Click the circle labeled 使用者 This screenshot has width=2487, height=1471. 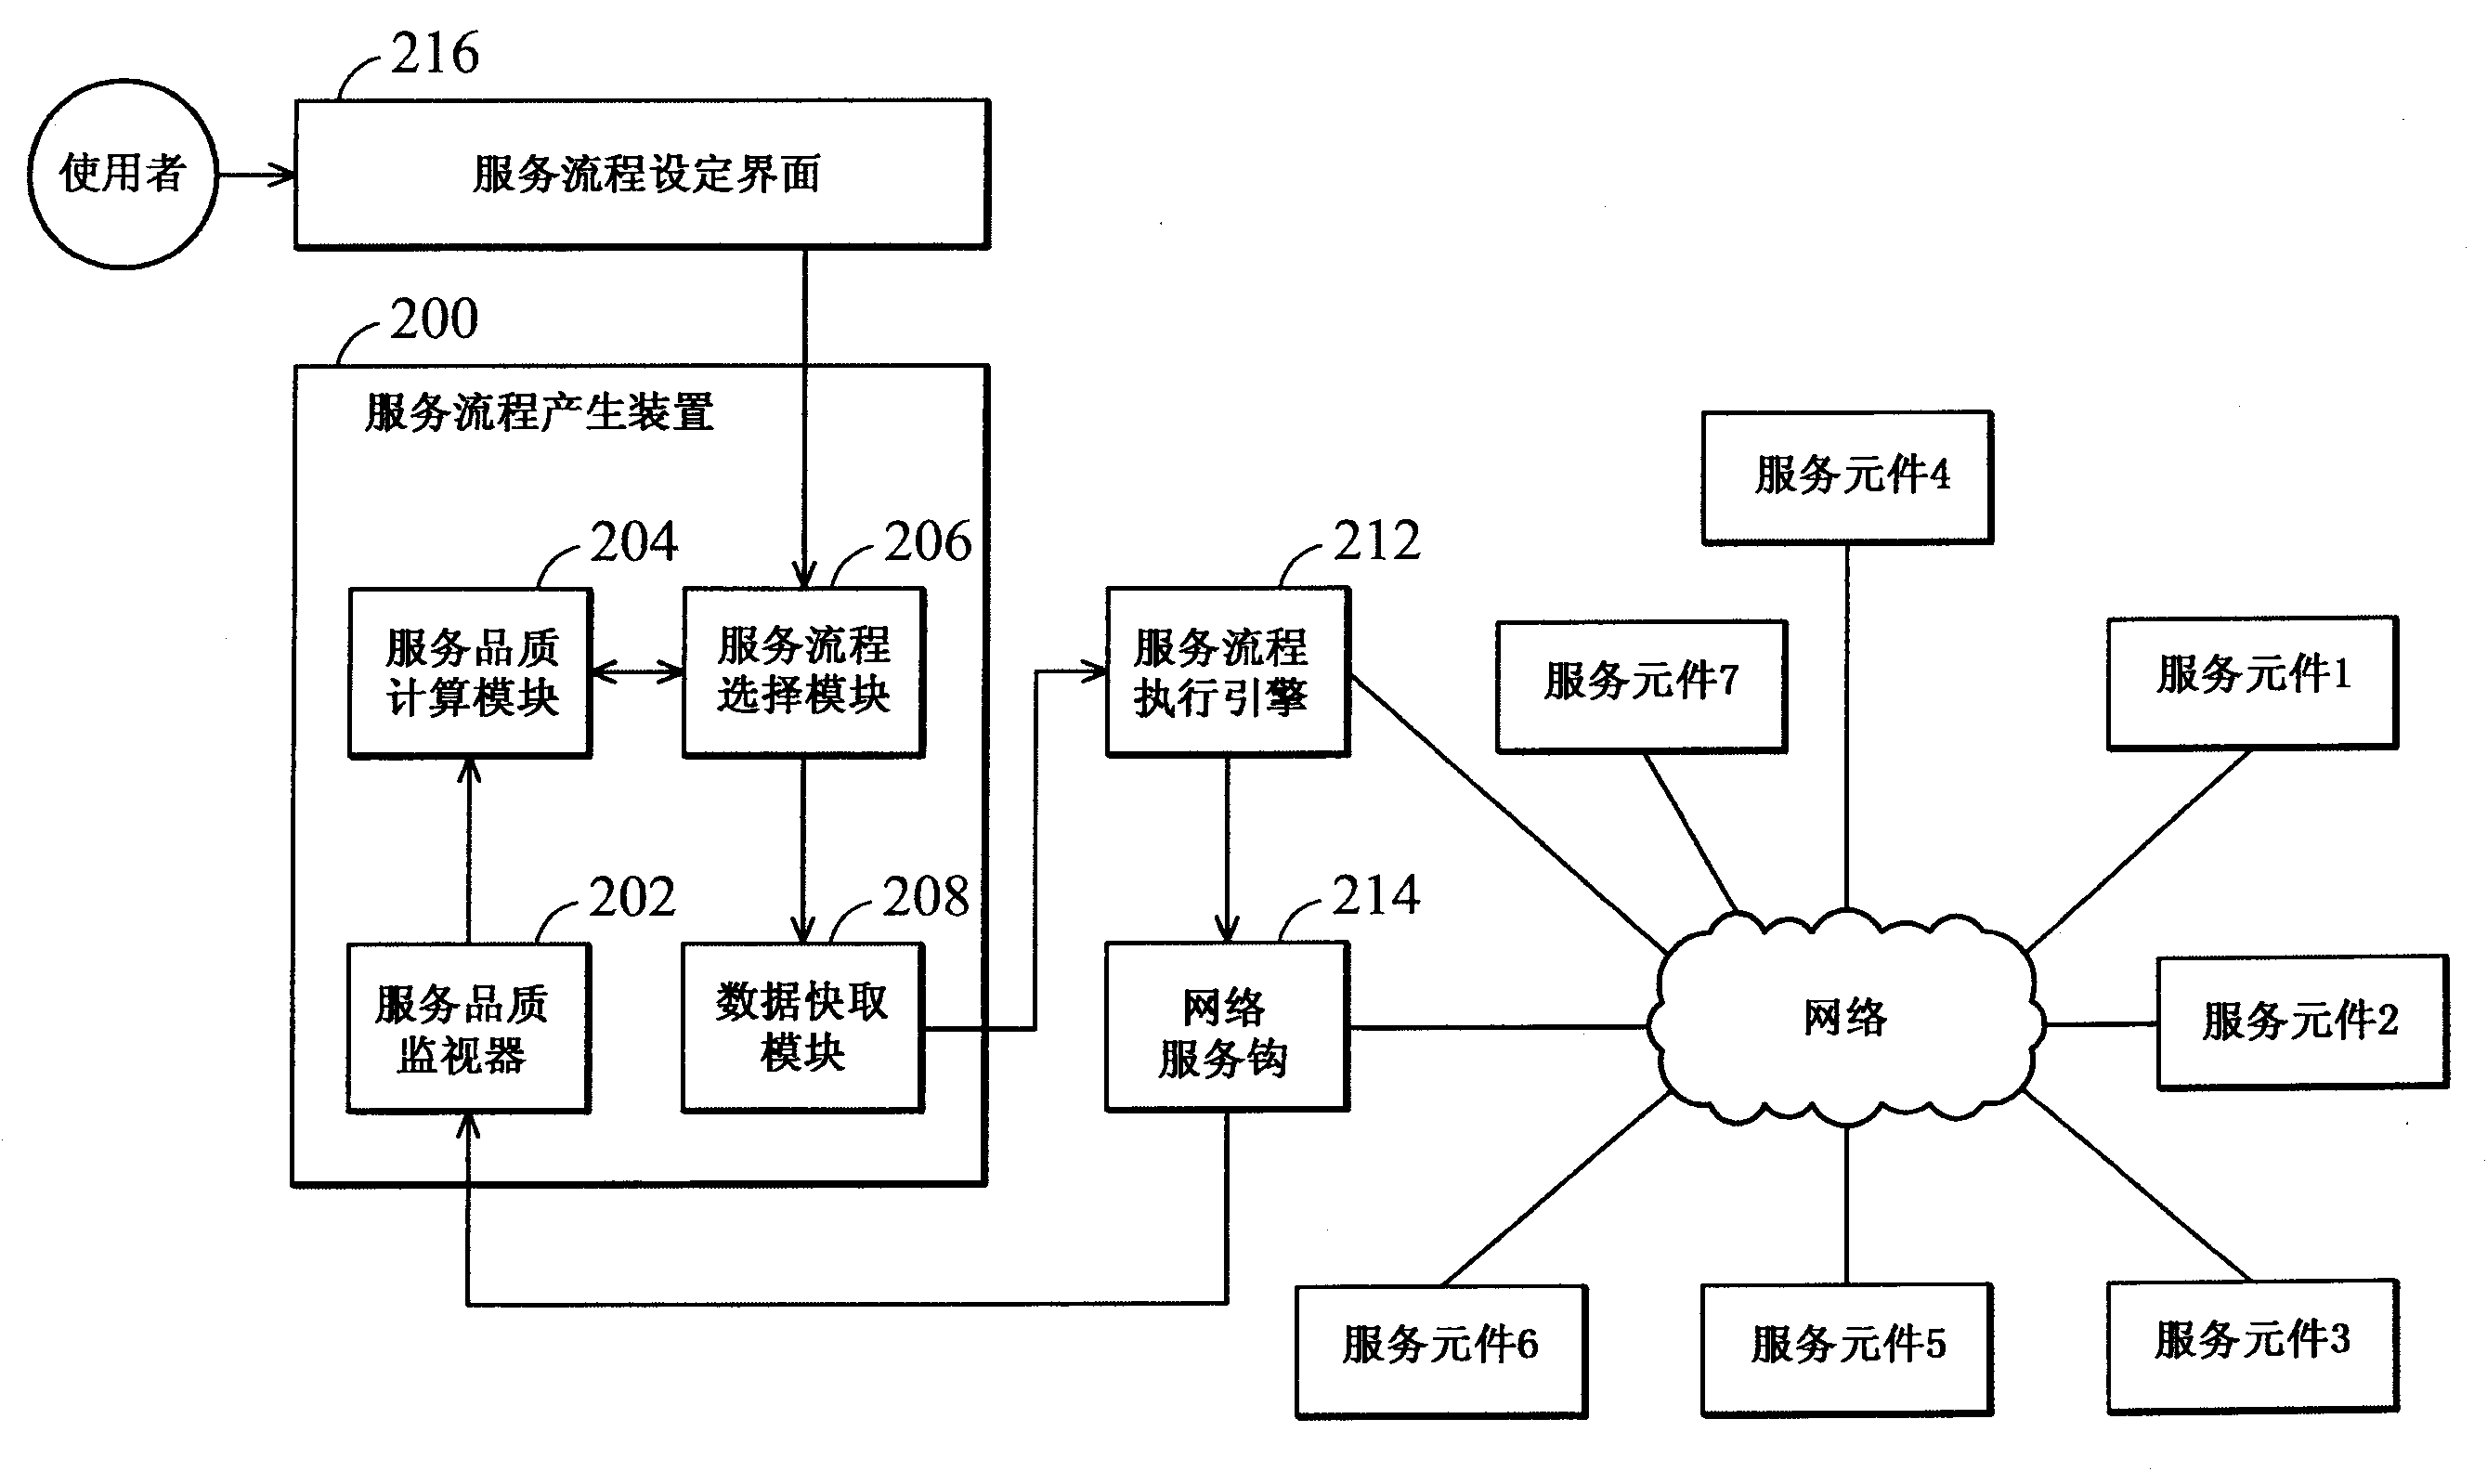point(122,175)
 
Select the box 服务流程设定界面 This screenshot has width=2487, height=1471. point(643,175)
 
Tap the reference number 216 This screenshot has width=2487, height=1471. point(435,54)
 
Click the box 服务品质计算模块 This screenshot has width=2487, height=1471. point(471,673)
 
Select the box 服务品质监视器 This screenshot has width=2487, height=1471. point(468,1028)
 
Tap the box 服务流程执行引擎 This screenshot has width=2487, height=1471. point(1227,672)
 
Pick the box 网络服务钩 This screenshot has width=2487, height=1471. point(1227,1027)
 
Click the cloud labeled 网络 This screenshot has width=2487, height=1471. point(1845,1019)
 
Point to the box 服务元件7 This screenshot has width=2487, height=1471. point(1642,686)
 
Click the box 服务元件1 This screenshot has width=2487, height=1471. point(2252,682)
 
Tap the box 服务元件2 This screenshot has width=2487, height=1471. point(2301,1022)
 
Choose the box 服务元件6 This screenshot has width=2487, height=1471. point(1440,1350)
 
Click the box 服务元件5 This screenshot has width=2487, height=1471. point(1846,1349)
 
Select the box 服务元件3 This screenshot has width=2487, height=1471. point(2252,1345)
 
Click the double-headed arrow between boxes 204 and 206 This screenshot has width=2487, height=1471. point(637,673)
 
